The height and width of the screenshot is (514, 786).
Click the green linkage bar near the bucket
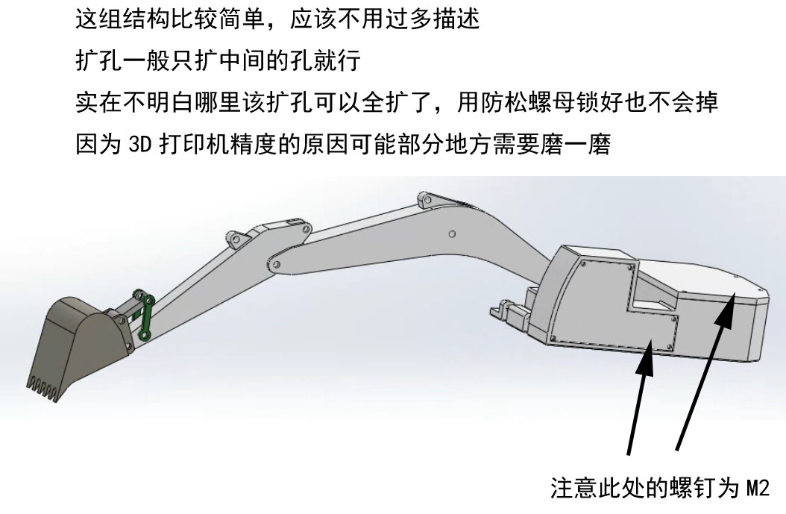click(x=145, y=316)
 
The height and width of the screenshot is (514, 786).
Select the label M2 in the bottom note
click(x=758, y=487)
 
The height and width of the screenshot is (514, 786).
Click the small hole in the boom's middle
click(x=452, y=234)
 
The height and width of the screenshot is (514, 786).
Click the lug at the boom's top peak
click(x=425, y=199)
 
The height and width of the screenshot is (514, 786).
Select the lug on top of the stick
click(x=236, y=239)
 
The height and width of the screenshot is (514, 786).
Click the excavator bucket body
click(x=81, y=341)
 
